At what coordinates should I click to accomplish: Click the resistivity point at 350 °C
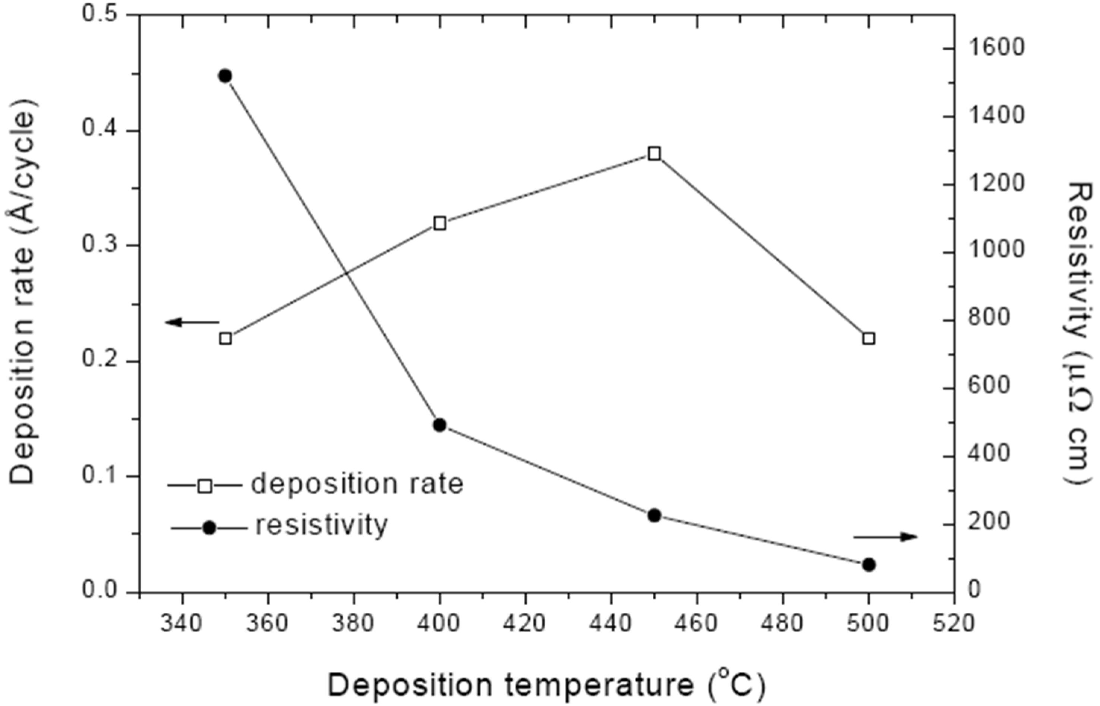pyautogui.click(x=224, y=76)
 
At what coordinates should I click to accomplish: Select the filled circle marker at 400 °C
pyautogui.click(x=440, y=425)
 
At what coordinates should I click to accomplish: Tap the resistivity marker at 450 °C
pyautogui.click(x=654, y=515)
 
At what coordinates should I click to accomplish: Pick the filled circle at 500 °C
pyautogui.click(x=869, y=565)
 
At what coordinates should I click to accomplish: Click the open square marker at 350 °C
pyautogui.click(x=225, y=339)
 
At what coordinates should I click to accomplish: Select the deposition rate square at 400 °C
pyautogui.click(x=440, y=224)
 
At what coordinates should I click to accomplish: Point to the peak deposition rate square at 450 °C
pyautogui.click(x=654, y=154)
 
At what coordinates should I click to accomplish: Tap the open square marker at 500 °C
pyautogui.click(x=869, y=339)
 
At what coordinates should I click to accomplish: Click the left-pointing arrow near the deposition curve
pyautogui.click(x=192, y=322)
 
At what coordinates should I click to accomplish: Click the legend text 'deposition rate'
pyautogui.click(x=357, y=484)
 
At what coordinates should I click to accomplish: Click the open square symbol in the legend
pyautogui.click(x=205, y=486)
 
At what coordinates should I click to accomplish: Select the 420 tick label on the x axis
pyautogui.click(x=525, y=624)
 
